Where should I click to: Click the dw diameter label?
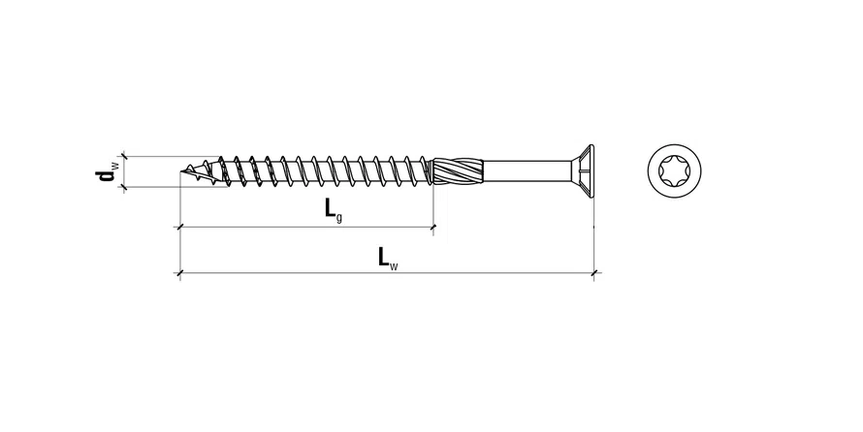pos(106,170)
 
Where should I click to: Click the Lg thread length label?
pos(333,210)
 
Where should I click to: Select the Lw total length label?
pos(388,259)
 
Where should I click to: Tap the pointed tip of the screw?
pos(181,172)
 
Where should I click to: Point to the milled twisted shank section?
pos(458,171)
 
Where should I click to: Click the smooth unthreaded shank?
pos(527,171)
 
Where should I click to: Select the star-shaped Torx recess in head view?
pos(674,170)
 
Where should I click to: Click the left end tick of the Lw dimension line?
pos(180,272)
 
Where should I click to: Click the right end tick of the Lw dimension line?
pos(593,272)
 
